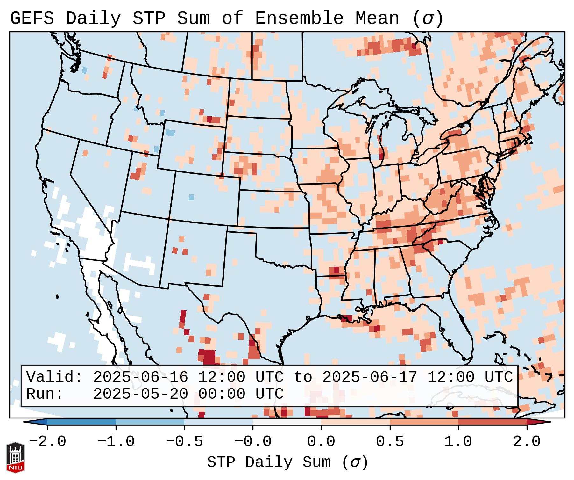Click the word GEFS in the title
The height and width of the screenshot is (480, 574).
pyautogui.click(x=32, y=18)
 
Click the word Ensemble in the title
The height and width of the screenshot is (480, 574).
pyautogui.click(x=299, y=18)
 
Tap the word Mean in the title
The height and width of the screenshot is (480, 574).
pyautogui.click(x=377, y=18)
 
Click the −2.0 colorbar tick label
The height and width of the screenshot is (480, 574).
pyautogui.click(x=47, y=442)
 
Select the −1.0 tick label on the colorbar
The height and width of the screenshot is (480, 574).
pyautogui.click(x=116, y=442)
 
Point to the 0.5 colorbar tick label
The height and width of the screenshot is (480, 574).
pyautogui.click(x=390, y=442)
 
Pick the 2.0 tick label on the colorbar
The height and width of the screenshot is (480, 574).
pyautogui.click(x=527, y=442)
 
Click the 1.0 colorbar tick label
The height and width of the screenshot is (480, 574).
pyautogui.click(x=458, y=442)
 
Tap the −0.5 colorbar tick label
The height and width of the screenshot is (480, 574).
pyautogui.click(x=184, y=442)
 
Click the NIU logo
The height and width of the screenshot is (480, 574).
pyautogui.click(x=15, y=457)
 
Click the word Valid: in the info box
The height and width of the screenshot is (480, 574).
pyautogui.click(x=54, y=377)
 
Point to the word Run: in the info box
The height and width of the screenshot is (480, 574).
pyautogui.click(x=45, y=394)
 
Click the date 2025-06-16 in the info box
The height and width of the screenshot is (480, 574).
pyautogui.click(x=140, y=377)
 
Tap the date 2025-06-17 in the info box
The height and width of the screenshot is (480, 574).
pyautogui.click(x=370, y=377)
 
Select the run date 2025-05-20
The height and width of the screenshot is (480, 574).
pyautogui.click(x=140, y=394)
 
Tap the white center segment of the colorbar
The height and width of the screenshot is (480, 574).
pyautogui.click(x=287, y=422)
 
